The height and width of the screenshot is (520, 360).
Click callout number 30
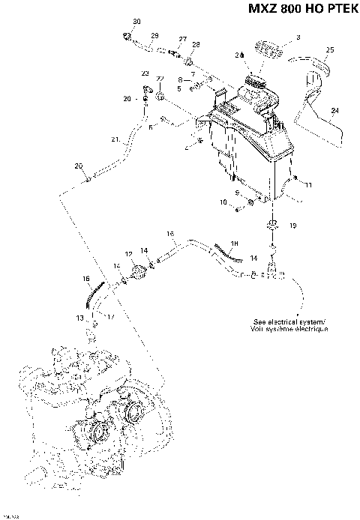[x=136, y=20]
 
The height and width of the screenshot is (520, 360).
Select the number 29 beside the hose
[x=154, y=36]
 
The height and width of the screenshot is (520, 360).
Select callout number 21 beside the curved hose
[x=115, y=139]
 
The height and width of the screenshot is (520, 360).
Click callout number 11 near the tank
[x=308, y=184]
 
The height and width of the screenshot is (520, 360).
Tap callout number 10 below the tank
[x=223, y=202]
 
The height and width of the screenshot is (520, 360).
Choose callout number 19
[x=292, y=225]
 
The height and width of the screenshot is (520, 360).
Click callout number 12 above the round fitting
[x=129, y=254]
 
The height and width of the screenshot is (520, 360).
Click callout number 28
[x=196, y=45]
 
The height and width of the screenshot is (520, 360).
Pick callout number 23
[x=145, y=73]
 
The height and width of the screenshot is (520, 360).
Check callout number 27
[x=182, y=38]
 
